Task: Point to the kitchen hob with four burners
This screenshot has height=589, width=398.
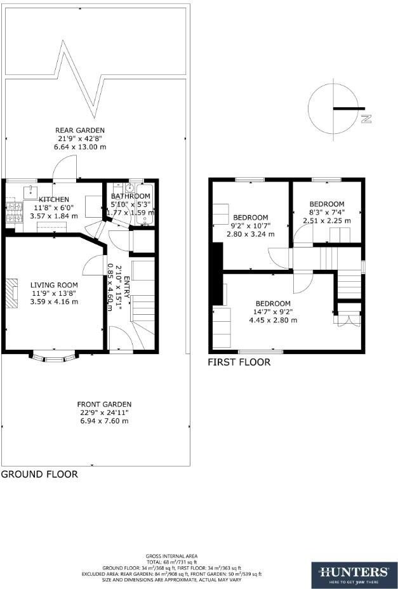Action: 13,209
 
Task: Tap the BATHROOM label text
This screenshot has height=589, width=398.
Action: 132,196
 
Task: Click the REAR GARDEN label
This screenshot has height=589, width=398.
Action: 79,131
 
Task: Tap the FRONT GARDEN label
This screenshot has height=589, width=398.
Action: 104,404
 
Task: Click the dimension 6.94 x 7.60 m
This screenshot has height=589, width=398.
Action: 104,421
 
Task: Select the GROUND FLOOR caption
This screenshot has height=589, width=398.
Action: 39,474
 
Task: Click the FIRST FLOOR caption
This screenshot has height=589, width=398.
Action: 239,362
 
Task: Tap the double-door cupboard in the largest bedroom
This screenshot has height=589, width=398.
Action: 348,316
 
